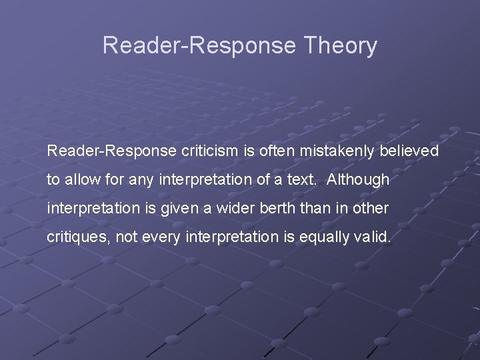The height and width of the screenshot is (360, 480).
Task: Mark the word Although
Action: click(x=359, y=180)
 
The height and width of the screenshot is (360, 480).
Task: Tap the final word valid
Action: click(x=375, y=237)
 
